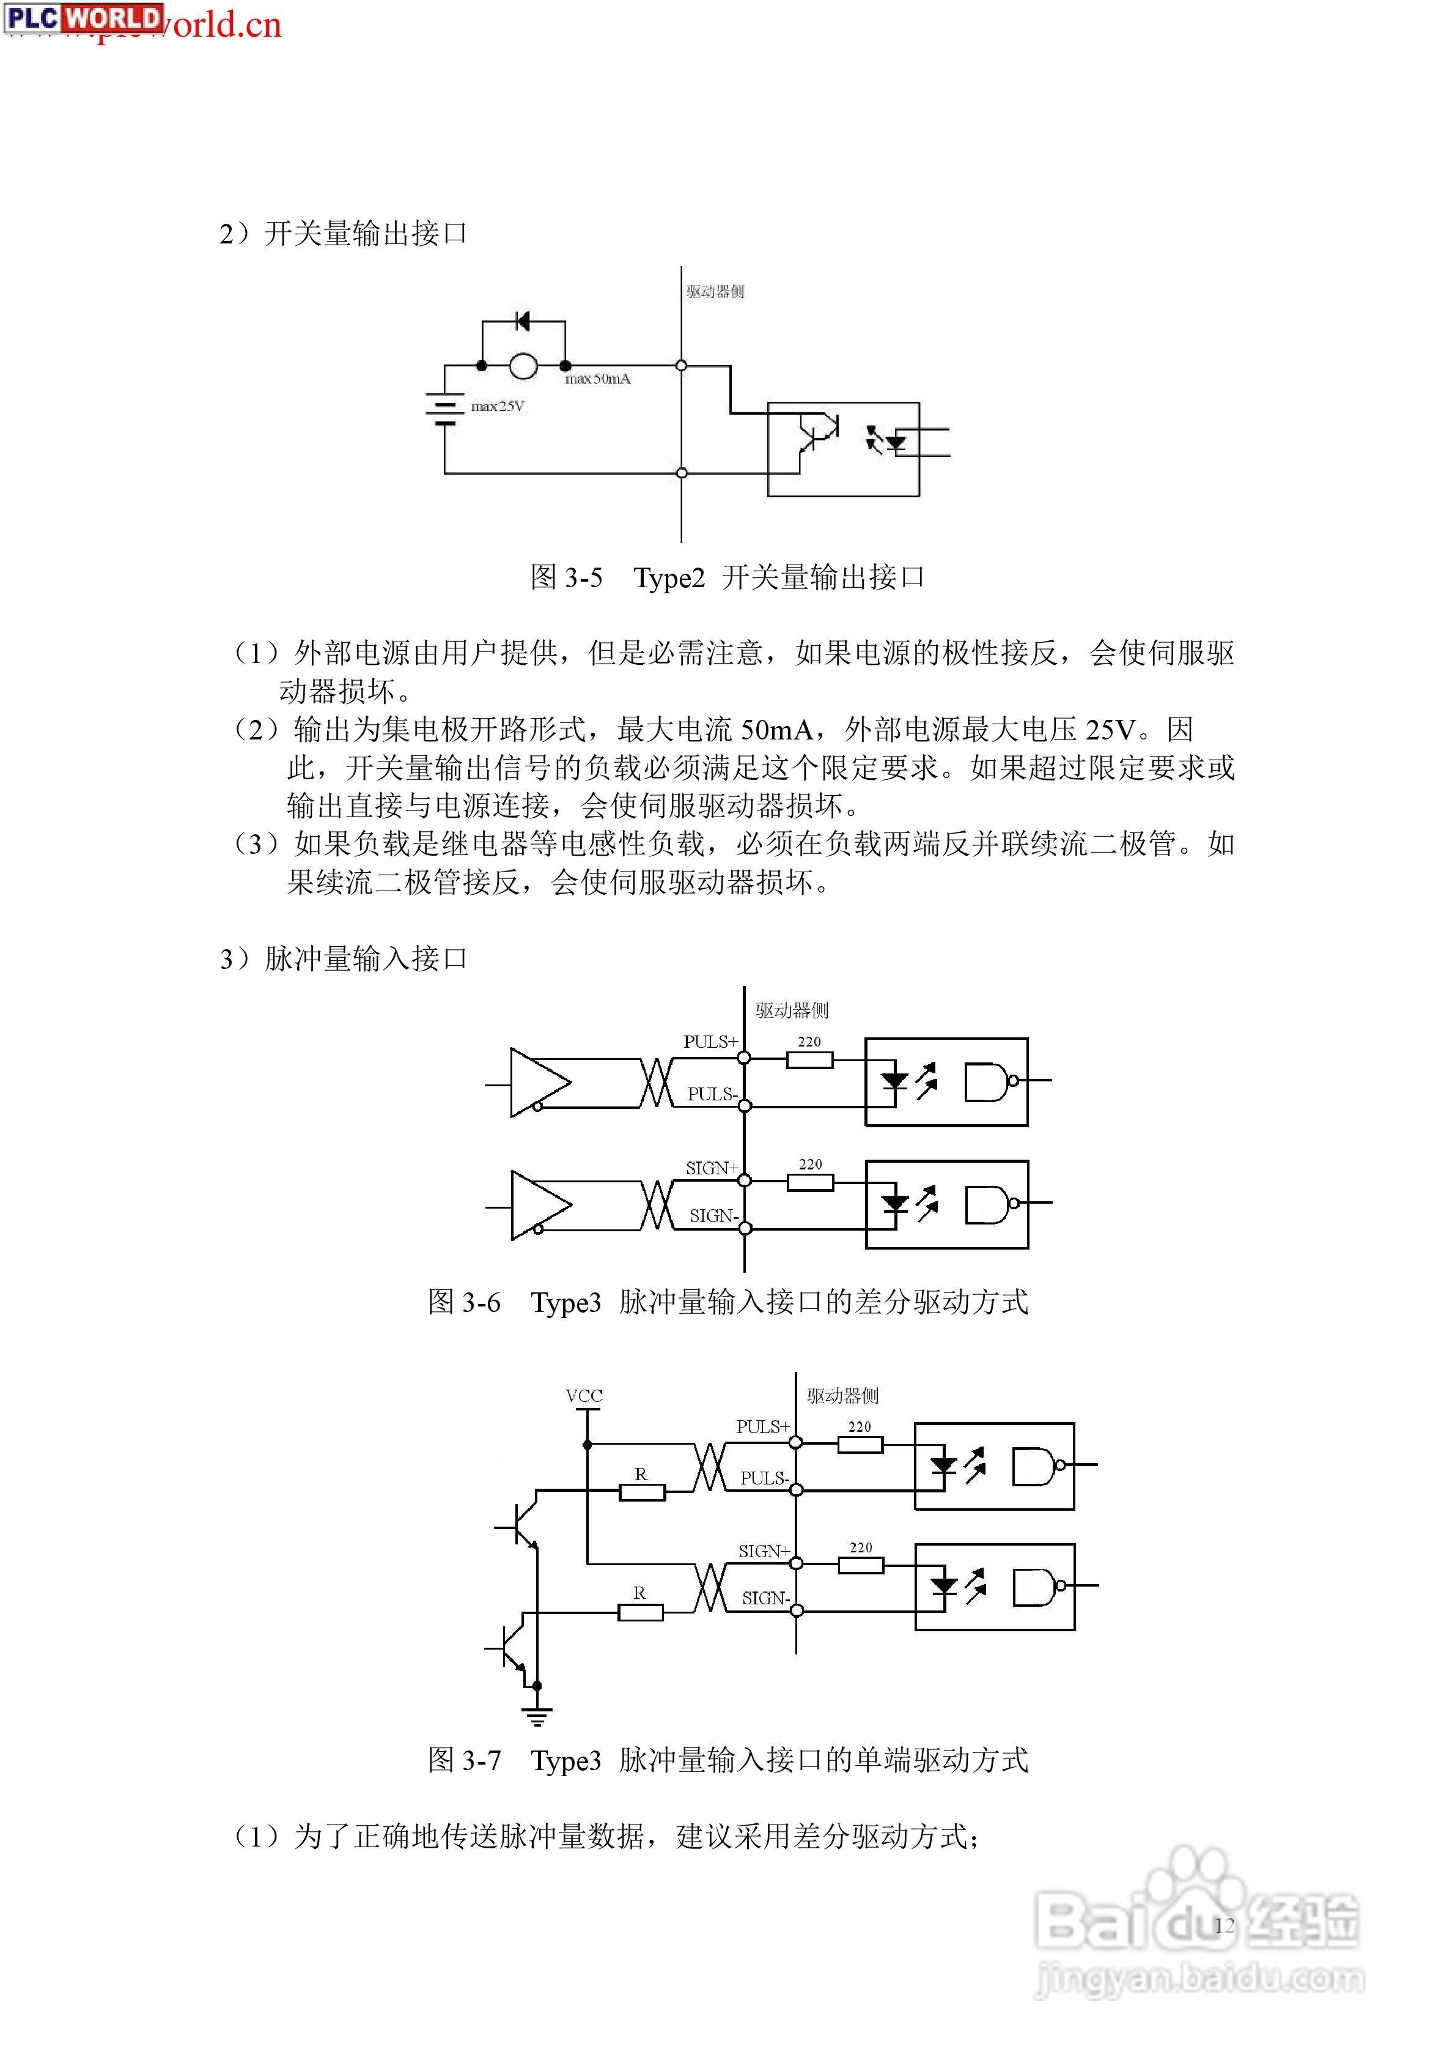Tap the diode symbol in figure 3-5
pyautogui.click(x=523, y=321)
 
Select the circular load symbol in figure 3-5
pyautogui.click(x=524, y=366)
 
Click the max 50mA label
pyautogui.click(x=597, y=379)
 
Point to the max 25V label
pyautogui.click(x=498, y=407)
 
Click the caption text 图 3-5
pyautogui.click(x=567, y=577)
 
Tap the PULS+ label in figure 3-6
pyautogui.click(x=710, y=1042)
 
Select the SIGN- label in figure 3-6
pyautogui.click(x=714, y=1216)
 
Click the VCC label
pyautogui.click(x=584, y=1396)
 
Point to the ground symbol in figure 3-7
pyautogui.click(x=536, y=1716)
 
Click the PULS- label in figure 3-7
pyautogui.click(x=764, y=1478)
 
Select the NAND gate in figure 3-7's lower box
pyautogui.click(x=1040, y=1586)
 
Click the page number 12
pyautogui.click(x=1225, y=1925)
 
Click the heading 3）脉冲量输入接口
pyautogui.click(x=344, y=958)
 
